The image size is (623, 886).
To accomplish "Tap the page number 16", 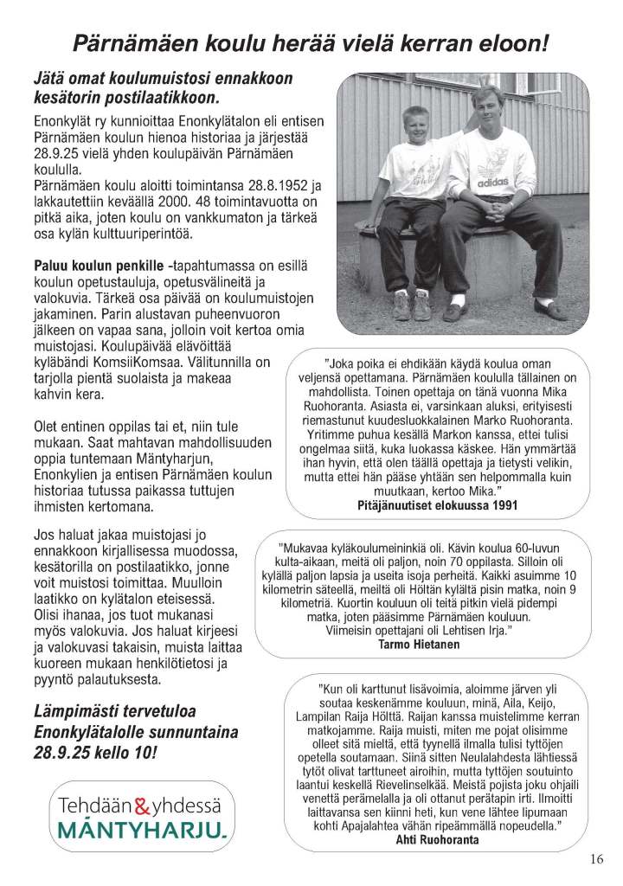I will click(x=596, y=859).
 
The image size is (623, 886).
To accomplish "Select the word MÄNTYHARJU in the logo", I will click(x=143, y=831).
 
